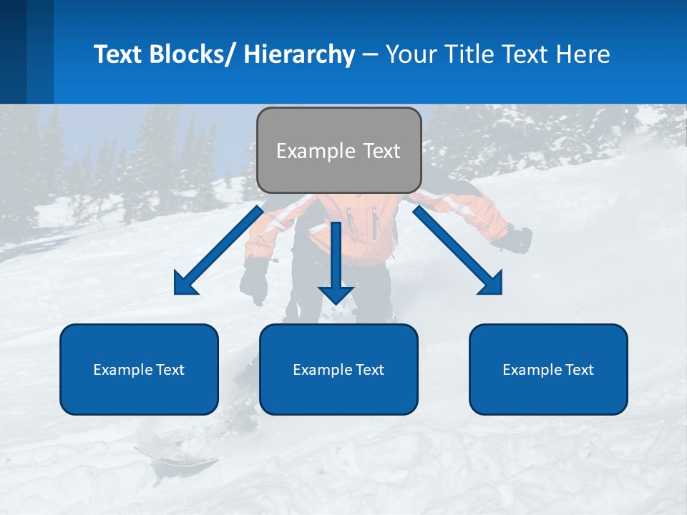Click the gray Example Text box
pos(338,150)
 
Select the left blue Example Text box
pos(139,369)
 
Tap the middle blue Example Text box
pos(338,369)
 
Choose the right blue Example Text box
pos(548,369)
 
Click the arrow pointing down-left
pos(218,250)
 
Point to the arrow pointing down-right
pos(458,250)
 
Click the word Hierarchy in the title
pos(298,54)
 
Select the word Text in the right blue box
pos(579,369)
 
